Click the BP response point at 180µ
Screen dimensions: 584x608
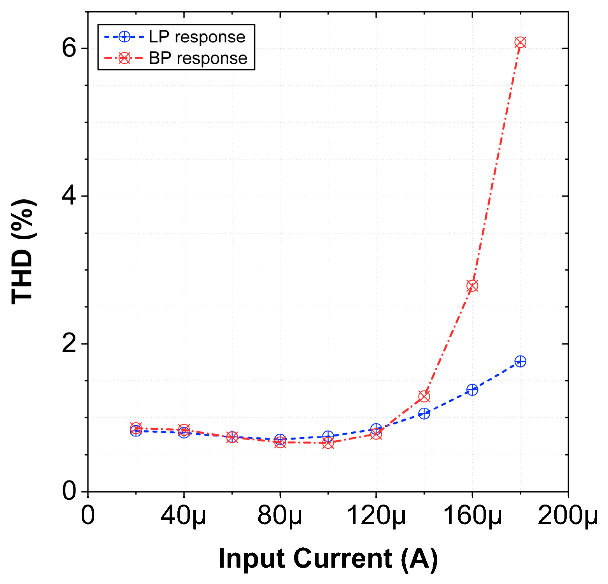[x=520, y=42]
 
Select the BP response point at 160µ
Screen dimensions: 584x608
[x=472, y=286]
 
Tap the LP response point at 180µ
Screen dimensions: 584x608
[x=520, y=361]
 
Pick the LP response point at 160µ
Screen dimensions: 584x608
[x=472, y=389]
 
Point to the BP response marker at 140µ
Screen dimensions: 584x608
[x=424, y=396]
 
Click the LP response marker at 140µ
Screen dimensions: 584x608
[x=424, y=413]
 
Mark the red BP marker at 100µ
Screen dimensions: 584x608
[x=328, y=443]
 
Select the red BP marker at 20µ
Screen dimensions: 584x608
[x=136, y=428]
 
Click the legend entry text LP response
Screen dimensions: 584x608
[x=197, y=37]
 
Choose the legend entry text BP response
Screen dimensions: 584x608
[x=198, y=58]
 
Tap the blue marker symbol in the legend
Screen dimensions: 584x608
[x=124, y=37]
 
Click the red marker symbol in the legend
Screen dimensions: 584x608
[x=124, y=58]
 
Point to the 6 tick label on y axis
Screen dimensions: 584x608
[x=69, y=49]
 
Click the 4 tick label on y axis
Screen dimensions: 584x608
[x=69, y=196]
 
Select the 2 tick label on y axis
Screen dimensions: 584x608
[x=69, y=344]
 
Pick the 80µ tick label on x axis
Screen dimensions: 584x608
[x=280, y=516]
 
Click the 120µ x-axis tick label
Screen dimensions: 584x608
[x=376, y=516]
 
